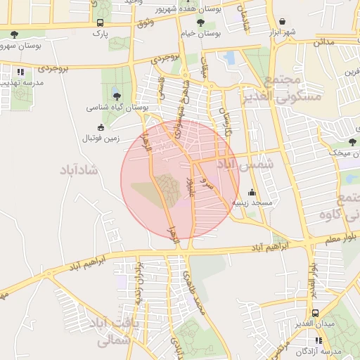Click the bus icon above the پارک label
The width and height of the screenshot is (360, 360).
coord(100,22)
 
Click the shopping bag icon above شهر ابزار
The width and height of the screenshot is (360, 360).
coord(282,22)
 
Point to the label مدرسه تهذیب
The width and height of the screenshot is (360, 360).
coord(22,82)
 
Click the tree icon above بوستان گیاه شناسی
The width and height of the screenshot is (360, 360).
coord(117,96)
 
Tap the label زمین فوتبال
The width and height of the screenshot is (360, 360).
coord(103,138)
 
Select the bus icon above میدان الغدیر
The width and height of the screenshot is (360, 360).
coord(315,313)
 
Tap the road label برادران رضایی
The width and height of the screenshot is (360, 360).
coord(139,281)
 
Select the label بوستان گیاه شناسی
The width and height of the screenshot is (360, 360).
coord(117,108)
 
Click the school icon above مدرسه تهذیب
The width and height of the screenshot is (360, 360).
coord(21,72)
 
